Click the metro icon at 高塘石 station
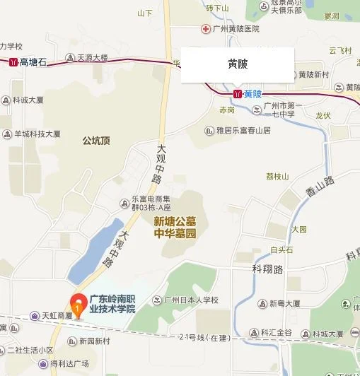[x=13, y=62]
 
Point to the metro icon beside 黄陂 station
[x=237, y=93]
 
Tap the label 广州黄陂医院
[x=231, y=28]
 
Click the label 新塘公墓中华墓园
[x=175, y=227]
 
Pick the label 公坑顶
[x=96, y=141]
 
